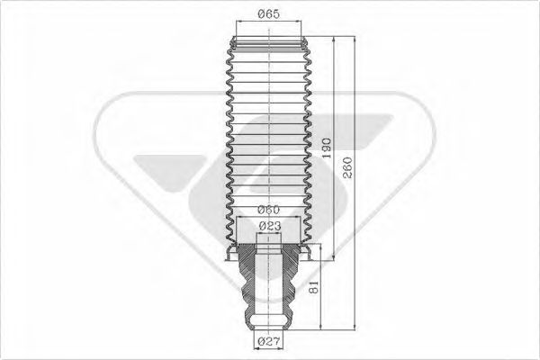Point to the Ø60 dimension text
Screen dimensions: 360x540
pos(268,211)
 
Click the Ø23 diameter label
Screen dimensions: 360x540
pos(268,226)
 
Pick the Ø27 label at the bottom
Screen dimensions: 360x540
pos(268,342)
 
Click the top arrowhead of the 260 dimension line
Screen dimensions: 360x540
pos(358,41)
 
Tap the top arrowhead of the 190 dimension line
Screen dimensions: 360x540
pos(336,41)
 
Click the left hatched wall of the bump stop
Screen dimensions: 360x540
pos(247,283)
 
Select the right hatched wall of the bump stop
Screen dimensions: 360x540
pos(289,283)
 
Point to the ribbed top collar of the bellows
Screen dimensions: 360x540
pos(268,42)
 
